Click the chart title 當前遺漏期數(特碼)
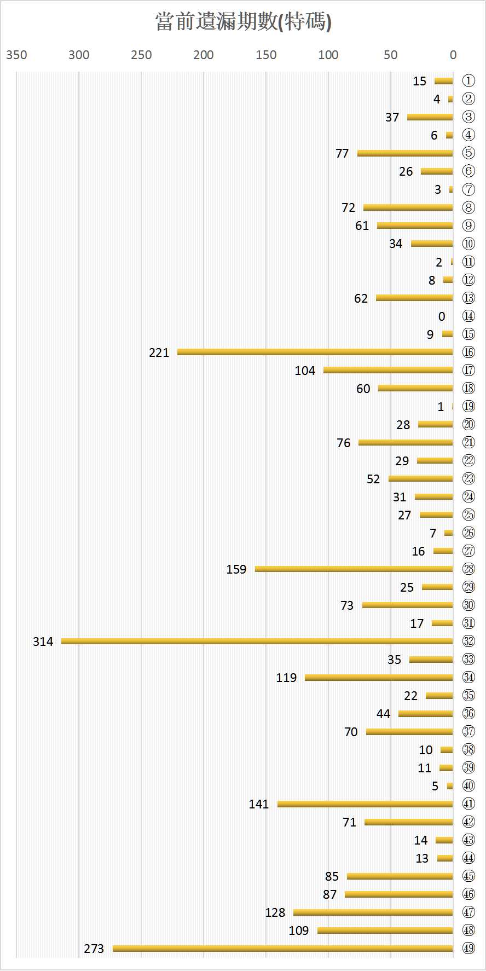(x=243, y=22)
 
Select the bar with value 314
(x=257, y=641)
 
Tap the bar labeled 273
(x=282, y=948)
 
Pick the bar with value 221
(x=315, y=352)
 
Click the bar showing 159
(x=354, y=569)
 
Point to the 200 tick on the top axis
(x=204, y=55)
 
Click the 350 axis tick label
(x=16, y=55)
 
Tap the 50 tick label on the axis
(x=390, y=55)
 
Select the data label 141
(x=259, y=804)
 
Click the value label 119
(x=286, y=678)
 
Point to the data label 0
(x=442, y=316)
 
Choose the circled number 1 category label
(x=468, y=81)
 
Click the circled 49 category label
(x=468, y=948)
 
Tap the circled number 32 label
(x=468, y=641)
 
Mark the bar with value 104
(x=388, y=370)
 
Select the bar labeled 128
(x=373, y=912)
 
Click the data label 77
(x=342, y=153)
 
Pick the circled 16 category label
(x=468, y=352)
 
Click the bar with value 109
(x=385, y=930)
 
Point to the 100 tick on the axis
(x=328, y=55)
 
